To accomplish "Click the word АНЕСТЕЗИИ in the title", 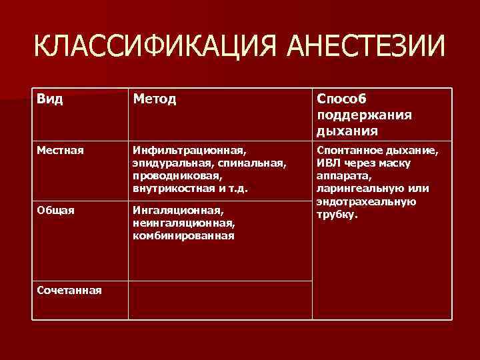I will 364,47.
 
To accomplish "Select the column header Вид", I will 51,99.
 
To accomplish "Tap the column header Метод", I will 155,99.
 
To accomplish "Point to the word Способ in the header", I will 343,99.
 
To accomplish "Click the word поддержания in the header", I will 364,115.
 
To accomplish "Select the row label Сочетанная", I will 69,290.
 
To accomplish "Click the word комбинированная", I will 183,235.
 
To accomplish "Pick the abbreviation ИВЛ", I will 329,163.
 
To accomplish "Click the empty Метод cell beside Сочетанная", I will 220,299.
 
